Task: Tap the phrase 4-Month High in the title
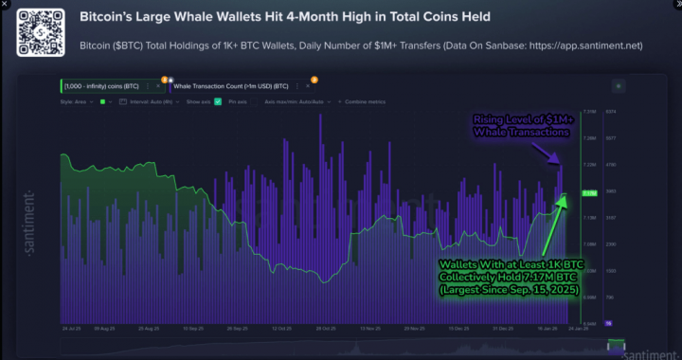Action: [323, 18]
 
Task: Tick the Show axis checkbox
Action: [218, 100]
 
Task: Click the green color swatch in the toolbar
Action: [101, 100]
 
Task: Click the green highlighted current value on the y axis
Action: [587, 193]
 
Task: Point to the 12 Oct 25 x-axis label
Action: [282, 329]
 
